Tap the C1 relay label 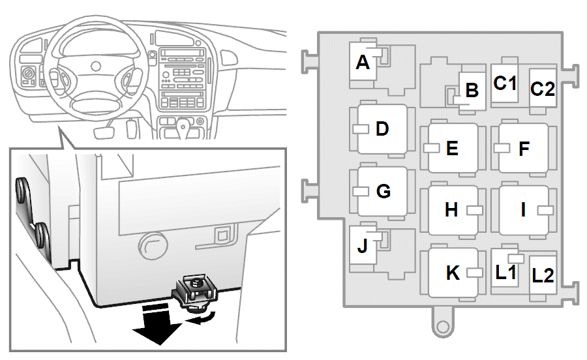[505, 83]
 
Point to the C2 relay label [543, 89]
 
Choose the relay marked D [382, 128]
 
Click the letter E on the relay [452, 149]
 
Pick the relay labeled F [524, 148]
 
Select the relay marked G [382, 191]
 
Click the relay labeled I [524, 210]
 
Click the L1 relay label [505, 273]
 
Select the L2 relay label [543, 276]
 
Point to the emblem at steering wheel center [97, 67]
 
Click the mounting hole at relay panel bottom [443, 327]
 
